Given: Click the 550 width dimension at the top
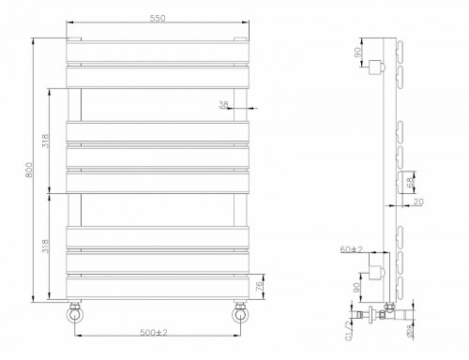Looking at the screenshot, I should tap(157, 20).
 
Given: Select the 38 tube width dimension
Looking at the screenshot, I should tap(223, 105).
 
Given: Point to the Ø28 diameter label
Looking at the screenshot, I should tap(410, 330).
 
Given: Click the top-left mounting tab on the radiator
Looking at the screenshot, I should tap(75, 38).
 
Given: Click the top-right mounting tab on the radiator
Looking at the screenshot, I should tap(240, 38).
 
